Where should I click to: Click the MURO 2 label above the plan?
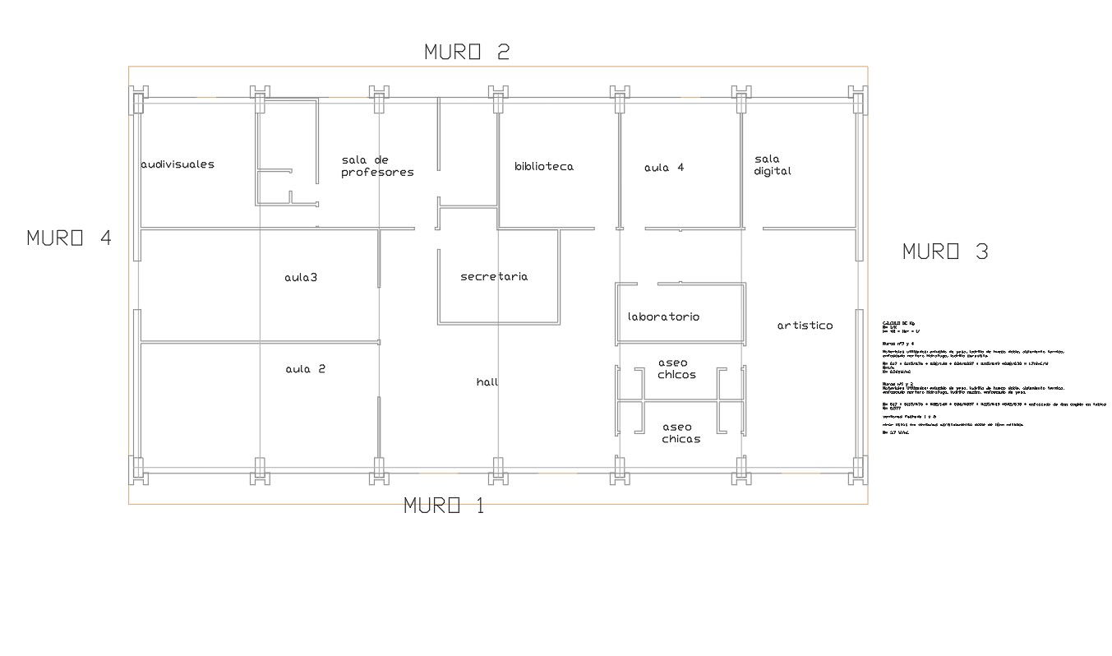click(x=467, y=52)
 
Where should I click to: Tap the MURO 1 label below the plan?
click(x=444, y=506)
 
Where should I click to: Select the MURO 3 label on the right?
click(x=945, y=252)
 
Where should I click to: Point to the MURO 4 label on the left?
click(x=69, y=238)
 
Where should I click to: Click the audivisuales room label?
click(x=178, y=164)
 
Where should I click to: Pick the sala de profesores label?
click(x=377, y=166)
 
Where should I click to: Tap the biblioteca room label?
click(x=544, y=166)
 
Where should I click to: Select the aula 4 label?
click(x=664, y=168)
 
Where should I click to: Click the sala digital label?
click(x=773, y=165)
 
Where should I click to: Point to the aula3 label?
click(x=301, y=278)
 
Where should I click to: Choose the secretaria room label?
click(x=494, y=277)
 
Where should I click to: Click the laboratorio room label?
click(x=663, y=316)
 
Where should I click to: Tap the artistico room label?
click(x=805, y=326)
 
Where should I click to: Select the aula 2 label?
click(x=306, y=369)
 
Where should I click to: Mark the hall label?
click(x=487, y=382)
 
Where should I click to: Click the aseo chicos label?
click(x=677, y=368)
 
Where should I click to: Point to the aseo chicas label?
click(x=681, y=433)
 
